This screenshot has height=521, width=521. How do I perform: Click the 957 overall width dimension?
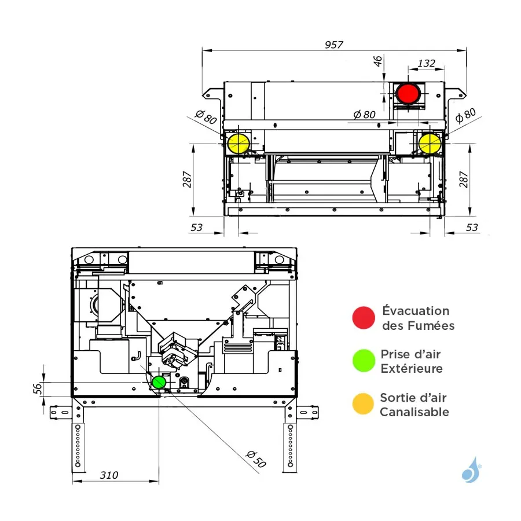334,44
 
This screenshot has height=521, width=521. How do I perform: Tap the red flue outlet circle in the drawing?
409,94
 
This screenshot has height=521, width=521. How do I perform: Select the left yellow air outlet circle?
237,144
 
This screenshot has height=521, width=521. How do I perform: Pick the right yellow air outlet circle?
429,144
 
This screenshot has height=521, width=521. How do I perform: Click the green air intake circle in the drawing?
158,383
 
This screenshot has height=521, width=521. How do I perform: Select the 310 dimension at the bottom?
108,475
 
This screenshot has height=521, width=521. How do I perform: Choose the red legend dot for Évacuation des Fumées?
364,317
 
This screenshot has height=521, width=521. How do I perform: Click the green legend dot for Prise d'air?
364,361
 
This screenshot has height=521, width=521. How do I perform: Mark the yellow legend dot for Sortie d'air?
364,404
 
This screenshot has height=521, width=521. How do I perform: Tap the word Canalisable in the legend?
414,412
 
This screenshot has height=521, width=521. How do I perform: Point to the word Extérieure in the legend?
411,369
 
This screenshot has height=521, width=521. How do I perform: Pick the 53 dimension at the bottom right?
472,228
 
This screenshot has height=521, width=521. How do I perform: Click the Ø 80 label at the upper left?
206,118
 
